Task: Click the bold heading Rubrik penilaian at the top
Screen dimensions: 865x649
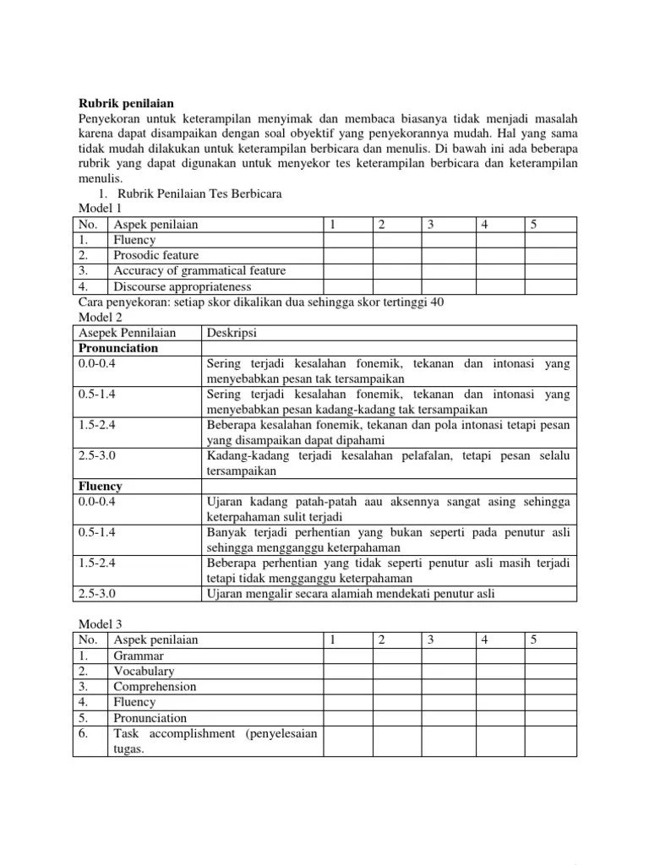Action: tap(124, 103)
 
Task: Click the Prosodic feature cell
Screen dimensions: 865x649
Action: tap(156, 255)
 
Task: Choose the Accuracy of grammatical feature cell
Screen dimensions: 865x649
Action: tap(199, 270)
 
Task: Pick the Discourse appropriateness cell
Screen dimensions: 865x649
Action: tap(182, 286)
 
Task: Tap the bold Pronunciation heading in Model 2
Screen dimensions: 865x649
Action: tap(118, 347)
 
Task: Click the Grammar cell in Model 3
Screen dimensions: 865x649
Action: tap(139, 656)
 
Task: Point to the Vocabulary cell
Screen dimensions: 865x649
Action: tap(144, 671)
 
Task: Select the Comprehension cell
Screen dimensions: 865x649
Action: tap(155, 687)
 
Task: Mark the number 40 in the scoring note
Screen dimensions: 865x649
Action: tap(437, 302)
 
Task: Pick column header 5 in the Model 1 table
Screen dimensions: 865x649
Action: tap(534, 225)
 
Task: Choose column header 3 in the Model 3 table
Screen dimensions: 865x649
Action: tap(431, 639)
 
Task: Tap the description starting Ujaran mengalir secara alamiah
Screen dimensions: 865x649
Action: tap(350, 593)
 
